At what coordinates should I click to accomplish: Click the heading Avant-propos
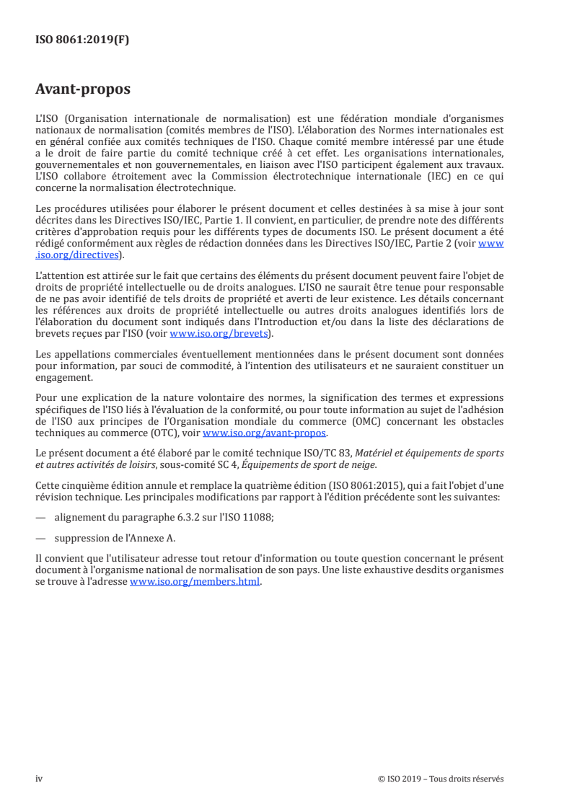tap(83, 91)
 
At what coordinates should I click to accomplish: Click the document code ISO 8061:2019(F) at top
tap(82, 40)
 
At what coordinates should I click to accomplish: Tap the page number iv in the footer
tap(39, 779)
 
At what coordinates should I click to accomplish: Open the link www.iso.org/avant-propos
tap(265, 433)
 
